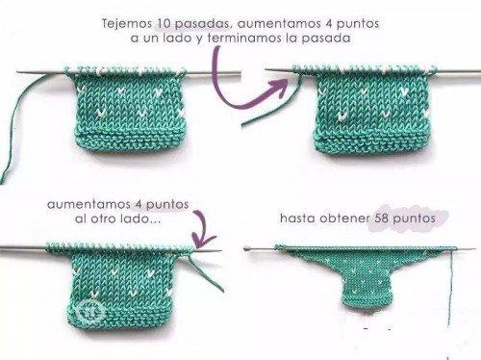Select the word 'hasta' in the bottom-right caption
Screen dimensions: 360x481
pyautogui.click(x=295, y=219)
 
